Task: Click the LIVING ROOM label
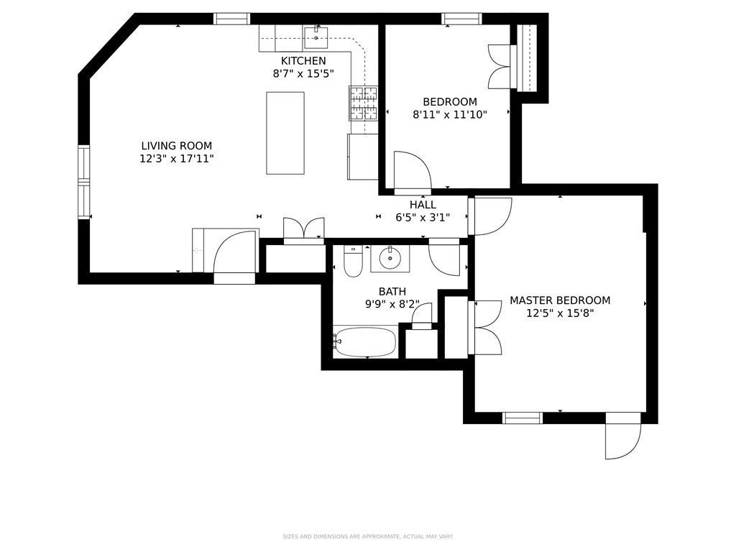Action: pyautogui.click(x=177, y=146)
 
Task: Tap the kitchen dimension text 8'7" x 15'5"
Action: pyautogui.click(x=303, y=74)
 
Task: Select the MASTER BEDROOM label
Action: pyautogui.click(x=560, y=300)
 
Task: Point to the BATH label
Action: pyautogui.click(x=392, y=292)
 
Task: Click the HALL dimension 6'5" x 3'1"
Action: pyautogui.click(x=423, y=217)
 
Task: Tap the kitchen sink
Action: pyautogui.click(x=316, y=37)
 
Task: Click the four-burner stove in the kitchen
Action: pyautogui.click(x=363, y=103)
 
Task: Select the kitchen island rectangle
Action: pyautogui.click(x=285, y=133)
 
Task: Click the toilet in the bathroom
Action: pyautogui.click(x=353, y=262)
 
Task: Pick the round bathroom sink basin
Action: pyautogui.click(x=390, y=258)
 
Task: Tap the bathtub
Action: pyautogui.click(x=365, y=342)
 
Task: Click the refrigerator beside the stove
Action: pyautogui.click(x=363, y=157)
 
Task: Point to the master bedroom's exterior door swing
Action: pyautogui.click(x=622, y=436)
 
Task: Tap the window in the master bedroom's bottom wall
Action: pyautogui.click(x=523, y=418)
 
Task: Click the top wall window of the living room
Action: pyautogui.click(x=232, y=19)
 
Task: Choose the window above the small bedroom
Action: pyautogui.click(x=461, y=19)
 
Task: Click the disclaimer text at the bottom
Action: pyautogui.click(x=367, y=536)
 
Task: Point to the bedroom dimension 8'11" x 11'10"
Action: pyautogui.click(x=450, y=114)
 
